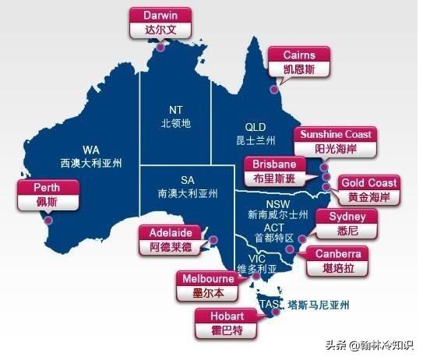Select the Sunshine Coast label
pos(335,141)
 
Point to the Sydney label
pos(342,223)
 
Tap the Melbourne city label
pos(208,286)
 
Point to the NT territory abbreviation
pos(175,109)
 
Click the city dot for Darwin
pos(159,48)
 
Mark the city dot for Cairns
pos(274,89)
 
